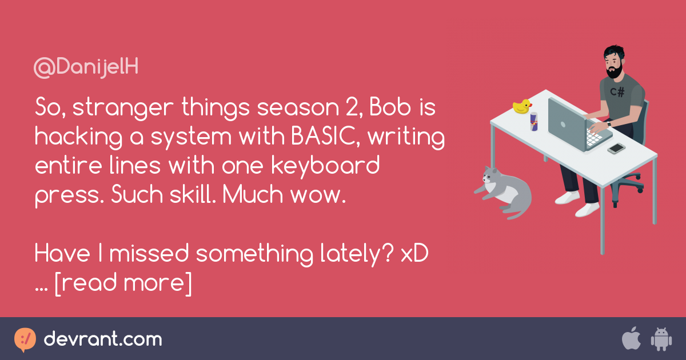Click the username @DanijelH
pyautogui.click(x=86, y=67)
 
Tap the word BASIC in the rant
pyautogui.click(x=324, y=136)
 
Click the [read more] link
pyautogui.click(x=123, y=283)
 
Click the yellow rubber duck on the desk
pyautogui.click(x=522, y=106)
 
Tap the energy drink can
pyautogui.click(x=534, y=122)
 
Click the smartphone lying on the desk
pyautogui.click(x=616, y=149)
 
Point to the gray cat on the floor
pyautogui.click(x=504, y=191)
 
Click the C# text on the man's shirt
pyautogui.click(x=617, y=91)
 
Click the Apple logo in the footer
pyautogui.click(x=632, y=338)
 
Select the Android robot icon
pyautogui.click(x=661, y=339)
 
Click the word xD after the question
pyautogui.click(x=414, y=254)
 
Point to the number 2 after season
pyautogui.click(x=354, y=108)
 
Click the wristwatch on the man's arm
pyautogui.click(x=609, y=124)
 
